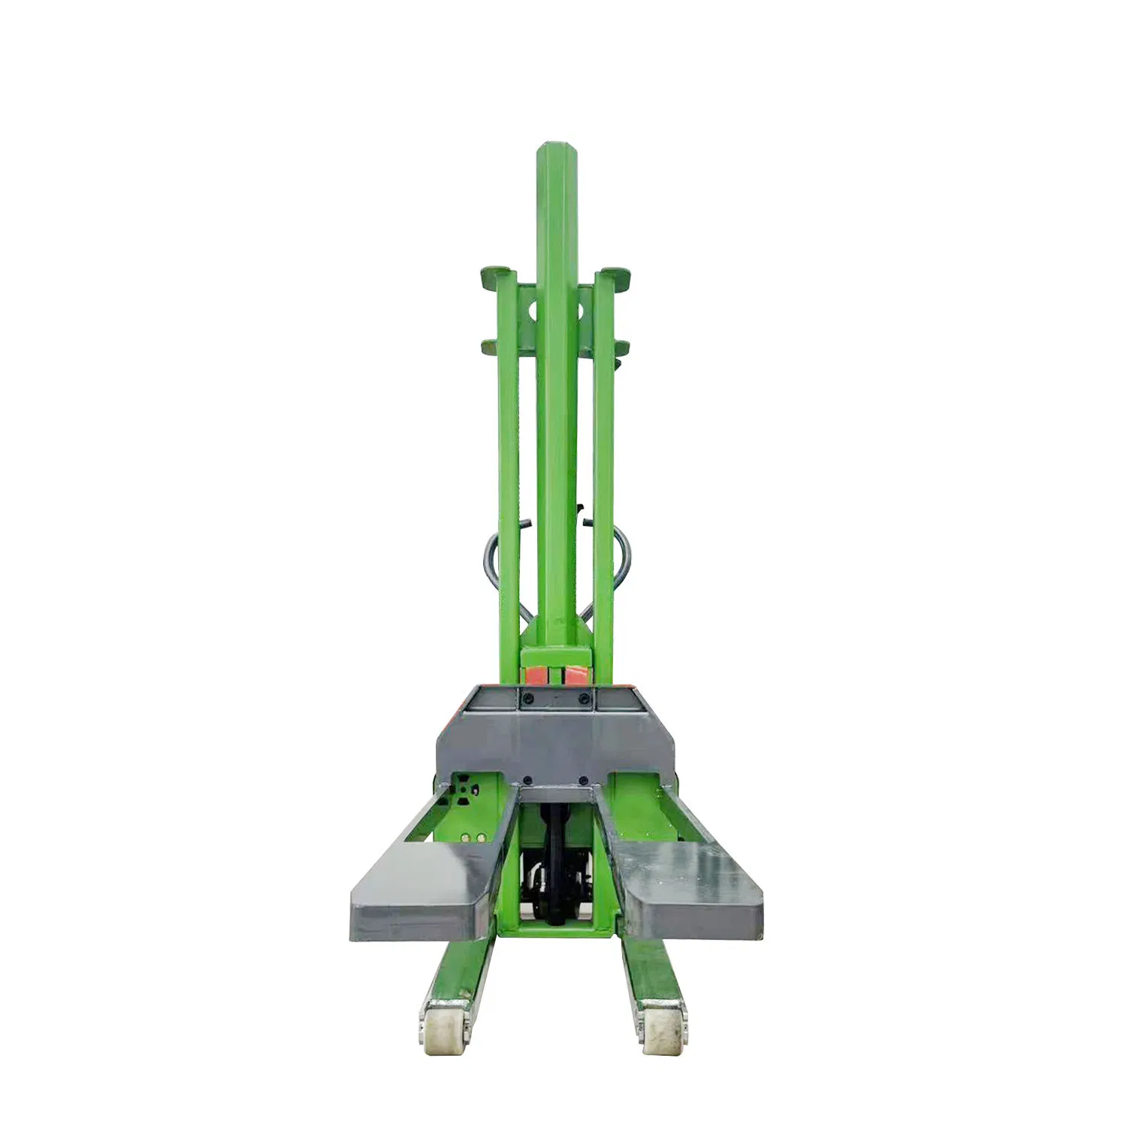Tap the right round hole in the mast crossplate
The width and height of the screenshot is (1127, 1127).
click(x=581, y=309)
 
